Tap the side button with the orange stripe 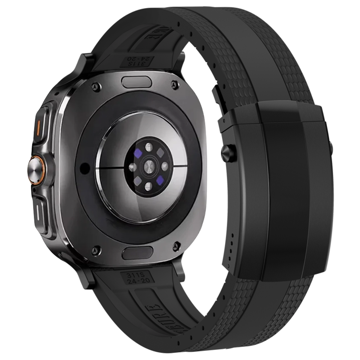(x=39, y=123)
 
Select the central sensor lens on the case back (x=148, y=166)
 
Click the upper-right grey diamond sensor (x=160, y=152)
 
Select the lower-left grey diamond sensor (x=137, y=181)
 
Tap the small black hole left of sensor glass (x=82, y=167)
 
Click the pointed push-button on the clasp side (x=230, y=152)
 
